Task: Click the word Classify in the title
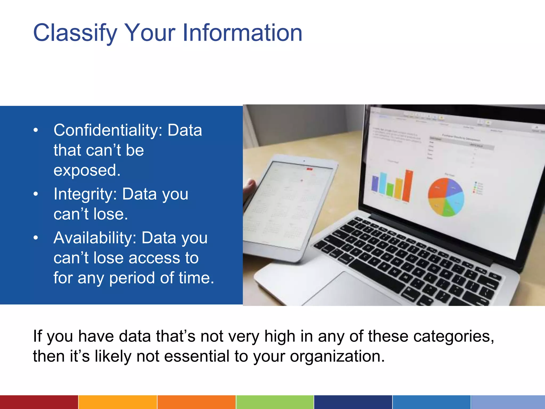75,33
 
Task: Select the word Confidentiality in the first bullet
108,130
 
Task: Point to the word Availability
95,238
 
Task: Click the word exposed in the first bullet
87,170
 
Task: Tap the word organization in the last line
337,356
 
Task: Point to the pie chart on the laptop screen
446,197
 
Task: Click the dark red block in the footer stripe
39,402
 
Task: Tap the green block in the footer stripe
275,402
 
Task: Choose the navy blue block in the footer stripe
353,402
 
